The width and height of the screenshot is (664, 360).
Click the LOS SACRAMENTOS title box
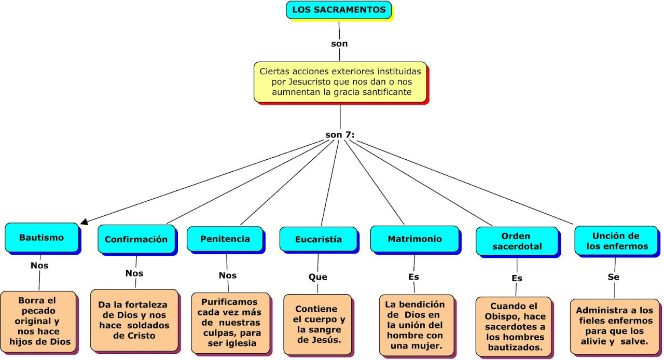point(339,10)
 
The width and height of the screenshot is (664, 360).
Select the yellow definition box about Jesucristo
point(340,81)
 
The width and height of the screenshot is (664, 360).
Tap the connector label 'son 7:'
point(340,135)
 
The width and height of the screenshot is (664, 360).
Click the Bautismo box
point(41,238)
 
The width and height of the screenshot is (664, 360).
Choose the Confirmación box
point(136,239)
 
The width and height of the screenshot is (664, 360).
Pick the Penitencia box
point(225,239)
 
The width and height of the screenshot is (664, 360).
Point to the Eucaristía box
point(318,239)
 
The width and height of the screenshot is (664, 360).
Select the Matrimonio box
point(414,239)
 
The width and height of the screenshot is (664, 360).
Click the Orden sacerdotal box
point(517,241)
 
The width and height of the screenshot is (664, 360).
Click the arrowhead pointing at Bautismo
point(84,222)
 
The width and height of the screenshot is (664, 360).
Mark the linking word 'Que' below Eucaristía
point(318,277)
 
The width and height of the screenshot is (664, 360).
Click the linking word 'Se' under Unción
point(614,277)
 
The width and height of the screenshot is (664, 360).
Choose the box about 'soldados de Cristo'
point(134,320)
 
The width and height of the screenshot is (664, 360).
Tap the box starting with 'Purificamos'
point(229,322)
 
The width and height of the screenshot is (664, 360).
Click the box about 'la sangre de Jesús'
point(317,324)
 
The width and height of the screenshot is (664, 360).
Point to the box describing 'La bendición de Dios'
point(415,325)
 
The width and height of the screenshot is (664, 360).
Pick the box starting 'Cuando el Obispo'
point(514,326)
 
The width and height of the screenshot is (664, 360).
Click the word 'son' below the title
point(339,44)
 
